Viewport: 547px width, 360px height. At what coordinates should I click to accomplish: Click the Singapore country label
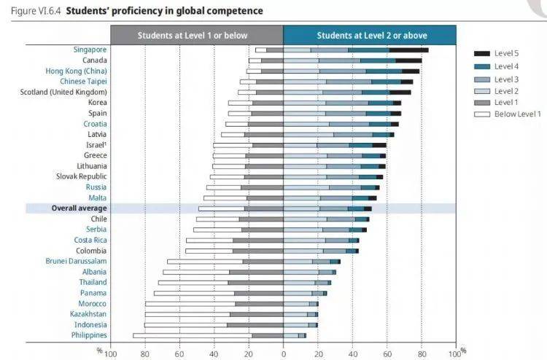pyautogui.click(x=90, y=50)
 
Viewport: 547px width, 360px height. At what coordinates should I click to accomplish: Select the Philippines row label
pyautogui.click(x=89, y=335)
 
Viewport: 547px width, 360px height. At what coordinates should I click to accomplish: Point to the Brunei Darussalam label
pyautogui.click(x=76, y=261)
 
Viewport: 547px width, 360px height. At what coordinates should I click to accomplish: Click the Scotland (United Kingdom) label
pyautogui.click(x=63, y=92)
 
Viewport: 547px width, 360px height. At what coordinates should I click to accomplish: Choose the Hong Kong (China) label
pyautogui.click(x=76, y=71)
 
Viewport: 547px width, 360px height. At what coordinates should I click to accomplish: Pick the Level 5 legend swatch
pyautogui.click(x=481, y=54)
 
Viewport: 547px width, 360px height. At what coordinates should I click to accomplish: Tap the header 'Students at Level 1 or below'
pyautogui.click(x=196, y=35)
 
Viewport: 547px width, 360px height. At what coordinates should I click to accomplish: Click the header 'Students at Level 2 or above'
pyautogui.click(x=371, y=35)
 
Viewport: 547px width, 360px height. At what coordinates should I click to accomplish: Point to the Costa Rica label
pyautogui.click(x=90, y=240)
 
